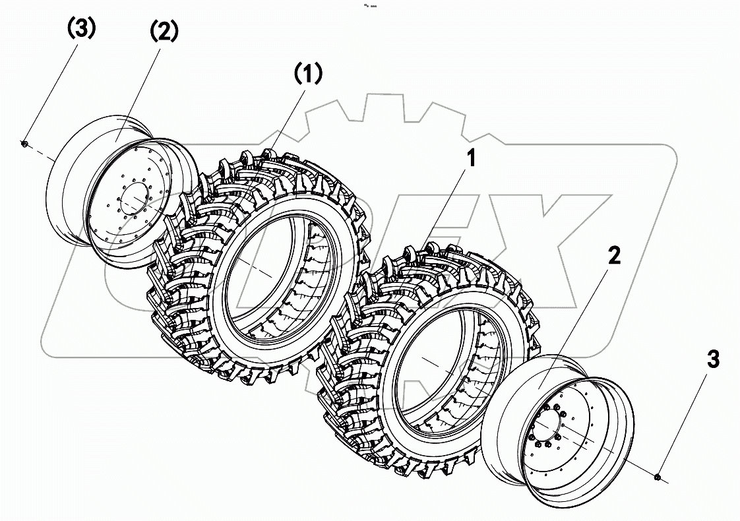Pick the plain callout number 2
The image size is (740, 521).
613,257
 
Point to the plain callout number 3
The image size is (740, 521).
713,360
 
